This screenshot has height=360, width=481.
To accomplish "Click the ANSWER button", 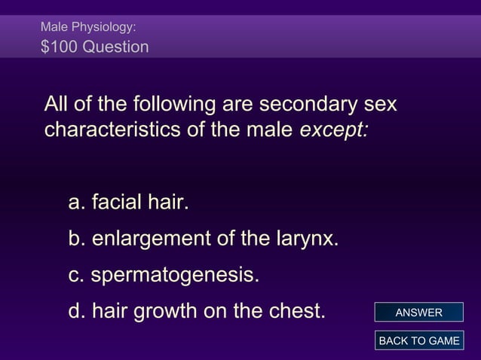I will [x=418, y=313].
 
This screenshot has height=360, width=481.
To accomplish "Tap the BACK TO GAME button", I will [x=418, y=340].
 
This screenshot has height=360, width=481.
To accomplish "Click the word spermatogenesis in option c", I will [x=175, y=276].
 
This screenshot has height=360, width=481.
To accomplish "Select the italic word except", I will [x=334, y=130].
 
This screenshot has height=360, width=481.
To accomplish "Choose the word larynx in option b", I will [x=303, y=240].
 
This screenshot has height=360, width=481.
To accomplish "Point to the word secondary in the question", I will [x=291, y=103].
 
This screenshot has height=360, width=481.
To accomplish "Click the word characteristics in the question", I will [x=110, y=130].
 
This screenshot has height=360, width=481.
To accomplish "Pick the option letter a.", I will [x=75, y=203].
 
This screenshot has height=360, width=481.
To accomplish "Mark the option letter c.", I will [x=75, y=276].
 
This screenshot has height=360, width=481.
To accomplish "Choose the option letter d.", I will [x=75, y=310].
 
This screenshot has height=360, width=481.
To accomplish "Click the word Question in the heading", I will [x=117, y=47].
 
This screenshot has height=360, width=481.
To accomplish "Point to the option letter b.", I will [x=75, y=240].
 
